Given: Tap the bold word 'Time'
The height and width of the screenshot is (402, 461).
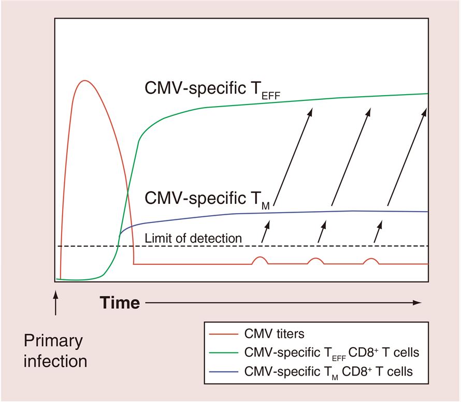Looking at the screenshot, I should pos(120,303).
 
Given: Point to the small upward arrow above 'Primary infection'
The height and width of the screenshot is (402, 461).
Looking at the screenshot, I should pos(56,303).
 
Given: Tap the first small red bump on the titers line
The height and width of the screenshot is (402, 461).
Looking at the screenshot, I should pos(260,260).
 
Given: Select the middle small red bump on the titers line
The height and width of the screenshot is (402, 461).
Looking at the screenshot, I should pos(315,260).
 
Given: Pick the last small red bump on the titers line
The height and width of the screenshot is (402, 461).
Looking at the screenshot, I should pos(371,260).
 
